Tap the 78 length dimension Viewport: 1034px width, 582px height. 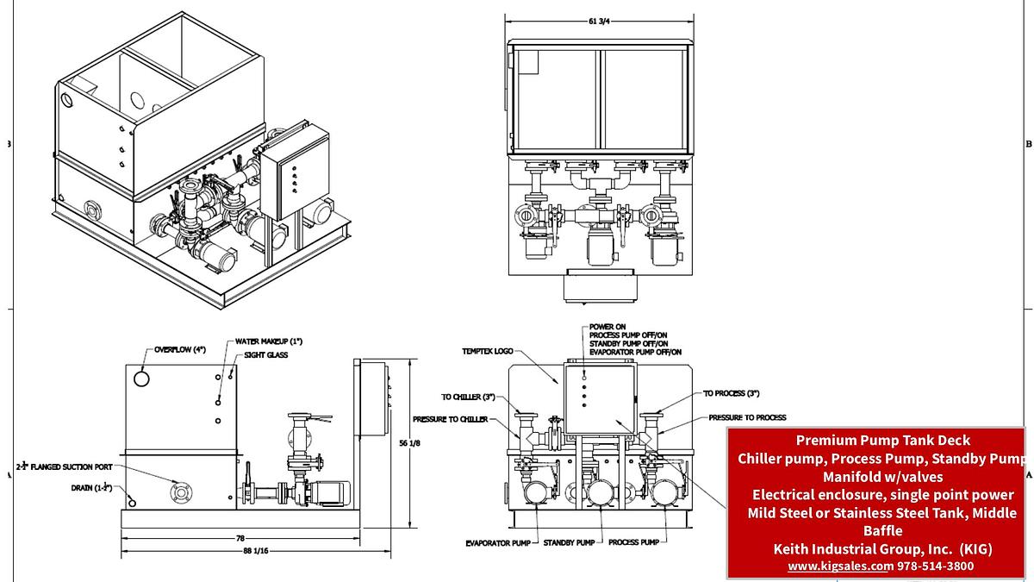tap(240, 537)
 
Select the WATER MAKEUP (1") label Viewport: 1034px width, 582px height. tap(270, 342)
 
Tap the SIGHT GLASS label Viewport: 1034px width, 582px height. tap(266, 354)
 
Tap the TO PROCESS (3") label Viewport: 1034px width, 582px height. tap(732, 393)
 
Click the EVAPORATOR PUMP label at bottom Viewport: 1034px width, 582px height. tap(496, 542)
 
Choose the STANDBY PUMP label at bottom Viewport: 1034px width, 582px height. tap(569, 542)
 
